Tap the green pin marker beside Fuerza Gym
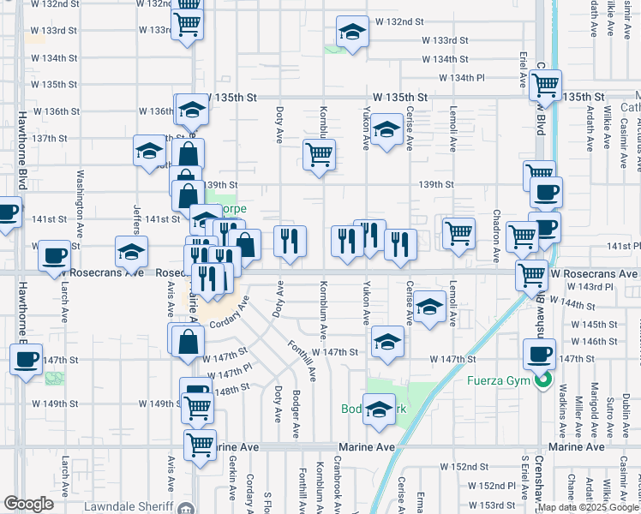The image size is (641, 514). pos(542,381)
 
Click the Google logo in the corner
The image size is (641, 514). pos(28,503)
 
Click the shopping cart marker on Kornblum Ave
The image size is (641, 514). pos(319,155)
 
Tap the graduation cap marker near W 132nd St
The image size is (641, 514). pos(350,33)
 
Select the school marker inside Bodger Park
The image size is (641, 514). pos(378,409)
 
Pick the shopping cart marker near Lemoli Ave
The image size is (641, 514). pos(458,232)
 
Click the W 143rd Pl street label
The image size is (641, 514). pos(578,286)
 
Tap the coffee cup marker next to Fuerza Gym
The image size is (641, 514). pos(540,355)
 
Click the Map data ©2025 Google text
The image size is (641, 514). pos(588,507)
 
